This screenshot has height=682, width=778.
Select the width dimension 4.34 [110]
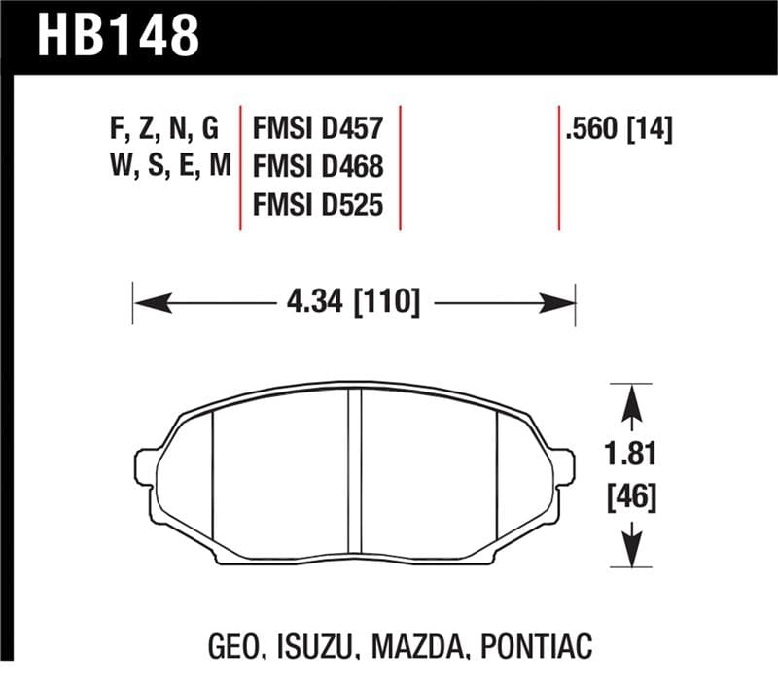click(x=354, y=304)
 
